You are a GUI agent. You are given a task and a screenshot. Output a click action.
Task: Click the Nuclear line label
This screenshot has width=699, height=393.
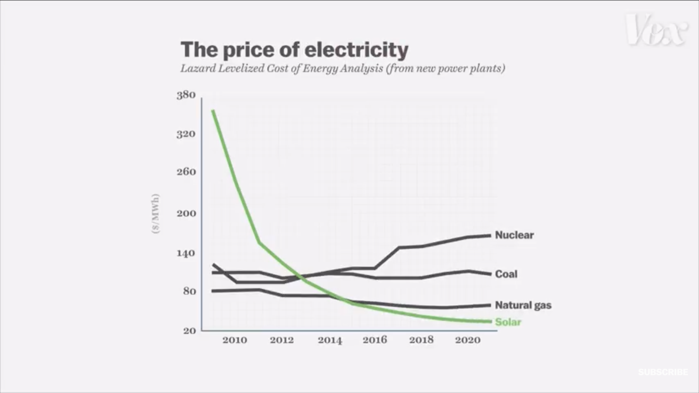pos(514,235)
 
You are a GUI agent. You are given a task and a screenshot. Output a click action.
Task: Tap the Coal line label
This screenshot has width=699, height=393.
pos(506,274)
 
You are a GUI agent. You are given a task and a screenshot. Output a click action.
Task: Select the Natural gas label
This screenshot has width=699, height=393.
pos(523,305)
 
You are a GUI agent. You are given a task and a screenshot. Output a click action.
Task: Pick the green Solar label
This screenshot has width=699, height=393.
pos(508,322)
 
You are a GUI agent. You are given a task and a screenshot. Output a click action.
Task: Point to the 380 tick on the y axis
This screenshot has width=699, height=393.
pos(186,95)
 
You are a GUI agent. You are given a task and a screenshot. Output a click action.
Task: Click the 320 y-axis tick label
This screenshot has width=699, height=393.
pos(186,134)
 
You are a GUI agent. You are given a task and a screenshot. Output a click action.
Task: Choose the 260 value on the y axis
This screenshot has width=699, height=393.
pos(186,172)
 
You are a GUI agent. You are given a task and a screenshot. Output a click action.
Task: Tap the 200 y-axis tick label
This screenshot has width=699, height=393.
pos(186,214)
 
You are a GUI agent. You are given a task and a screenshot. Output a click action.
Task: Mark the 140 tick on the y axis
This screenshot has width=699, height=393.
pos(186,253)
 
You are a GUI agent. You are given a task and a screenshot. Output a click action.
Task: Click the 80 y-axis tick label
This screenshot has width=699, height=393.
pos(189,291)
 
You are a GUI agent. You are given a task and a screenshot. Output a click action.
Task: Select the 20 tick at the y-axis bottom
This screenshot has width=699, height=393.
pos(189,331)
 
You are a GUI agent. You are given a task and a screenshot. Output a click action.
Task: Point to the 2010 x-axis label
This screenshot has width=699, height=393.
pos(235,340)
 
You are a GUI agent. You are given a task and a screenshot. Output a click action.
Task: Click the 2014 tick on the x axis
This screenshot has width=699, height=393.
pos(330,340)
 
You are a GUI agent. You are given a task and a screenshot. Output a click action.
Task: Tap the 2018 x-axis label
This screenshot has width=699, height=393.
pos(421,340)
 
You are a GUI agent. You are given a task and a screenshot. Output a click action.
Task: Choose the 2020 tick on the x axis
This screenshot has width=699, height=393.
pos(468,340)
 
